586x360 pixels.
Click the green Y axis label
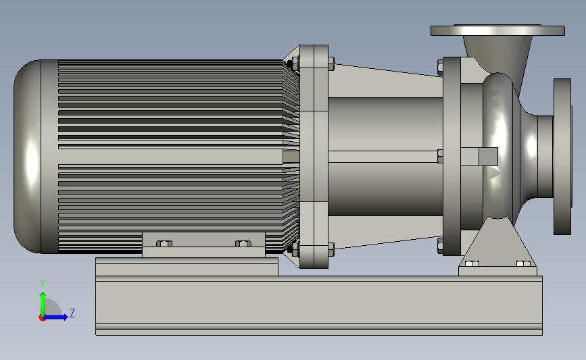43,284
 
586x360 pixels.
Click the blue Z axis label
72,313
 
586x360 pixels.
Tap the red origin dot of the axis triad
42,317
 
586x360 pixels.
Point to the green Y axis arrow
43,304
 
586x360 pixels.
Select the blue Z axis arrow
55,317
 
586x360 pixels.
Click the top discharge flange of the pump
497,30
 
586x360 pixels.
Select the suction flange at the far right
562,157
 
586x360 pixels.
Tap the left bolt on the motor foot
164,244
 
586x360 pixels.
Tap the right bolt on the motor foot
243,244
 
